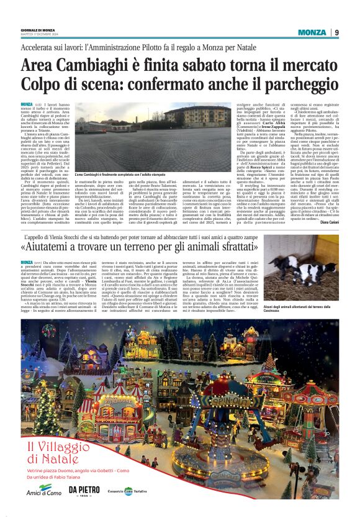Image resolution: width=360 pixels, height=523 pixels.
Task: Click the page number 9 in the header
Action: (x=336, y=32)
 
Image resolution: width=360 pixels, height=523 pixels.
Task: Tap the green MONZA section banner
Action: (x=312, y=32)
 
